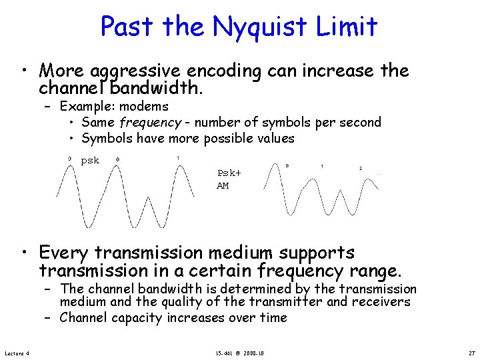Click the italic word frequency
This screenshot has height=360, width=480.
pos(150,122)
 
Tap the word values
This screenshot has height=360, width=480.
pos(273,138)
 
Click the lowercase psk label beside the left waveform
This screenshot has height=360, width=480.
pos(90,161)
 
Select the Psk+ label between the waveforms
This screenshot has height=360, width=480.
pos(229,173)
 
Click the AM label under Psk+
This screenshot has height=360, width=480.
pos(223,185)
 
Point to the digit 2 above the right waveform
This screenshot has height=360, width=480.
pos(361,168)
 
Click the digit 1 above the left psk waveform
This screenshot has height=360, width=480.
pos(177,157)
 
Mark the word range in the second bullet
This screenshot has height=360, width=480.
pos(375,271)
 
